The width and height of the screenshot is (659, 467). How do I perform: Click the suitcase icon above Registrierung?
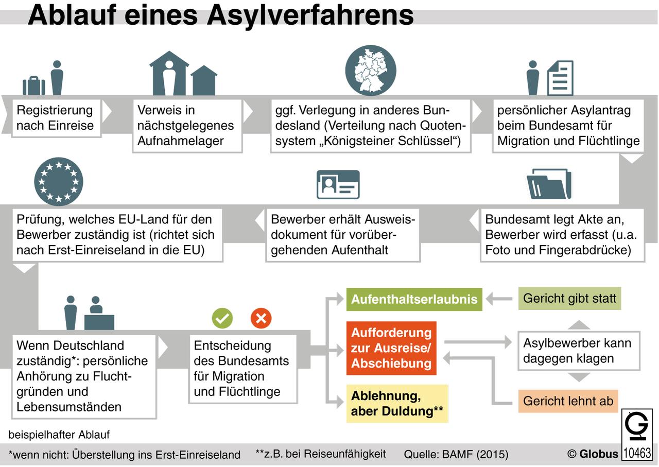tap(34, 85)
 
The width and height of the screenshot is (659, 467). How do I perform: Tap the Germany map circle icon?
tap(371, 71)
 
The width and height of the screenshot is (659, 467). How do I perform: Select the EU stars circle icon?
tap(59, 182)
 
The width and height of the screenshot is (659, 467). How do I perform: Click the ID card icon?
tap(338, 184)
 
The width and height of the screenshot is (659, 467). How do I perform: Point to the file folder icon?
tap(549, 184)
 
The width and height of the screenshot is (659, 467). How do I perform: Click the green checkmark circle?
tap(222, 318)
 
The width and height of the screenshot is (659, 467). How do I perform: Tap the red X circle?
tap(261, 318)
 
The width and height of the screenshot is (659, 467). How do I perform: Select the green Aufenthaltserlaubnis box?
tap(414, 299)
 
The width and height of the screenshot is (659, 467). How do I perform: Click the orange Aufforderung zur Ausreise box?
tap(391, 348)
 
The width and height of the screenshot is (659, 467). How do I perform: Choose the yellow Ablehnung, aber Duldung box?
tap(397, 404)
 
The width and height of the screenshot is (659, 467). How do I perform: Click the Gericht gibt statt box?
tap(569, 299)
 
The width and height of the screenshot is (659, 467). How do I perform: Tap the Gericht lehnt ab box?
tap(568, 401)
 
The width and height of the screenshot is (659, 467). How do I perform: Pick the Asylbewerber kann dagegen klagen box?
tap(579, 351)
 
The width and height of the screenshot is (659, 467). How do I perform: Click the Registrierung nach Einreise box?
tap(56, 118)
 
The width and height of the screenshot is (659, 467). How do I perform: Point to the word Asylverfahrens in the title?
tap(310, 15)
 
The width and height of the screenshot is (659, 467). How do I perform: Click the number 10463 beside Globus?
tap(637, 453)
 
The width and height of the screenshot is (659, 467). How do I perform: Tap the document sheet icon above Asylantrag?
tap(560, 78)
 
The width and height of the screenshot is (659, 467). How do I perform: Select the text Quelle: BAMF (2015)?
tap(456, 454)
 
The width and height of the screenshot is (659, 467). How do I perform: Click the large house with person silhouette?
tap(169, 73)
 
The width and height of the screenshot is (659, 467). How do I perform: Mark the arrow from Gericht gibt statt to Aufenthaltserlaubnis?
tap(499, 299)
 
